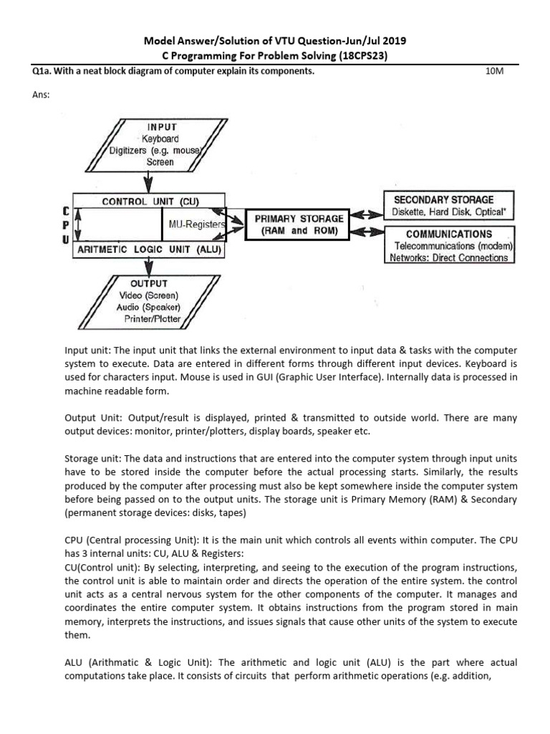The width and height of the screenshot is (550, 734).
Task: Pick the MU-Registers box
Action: [x=193, y=225]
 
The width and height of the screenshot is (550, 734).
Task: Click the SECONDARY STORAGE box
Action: [x=449, y=205]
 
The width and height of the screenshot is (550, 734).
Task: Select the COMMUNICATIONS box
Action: [x=449, y=245]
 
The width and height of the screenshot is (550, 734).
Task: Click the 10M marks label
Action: [x=496, y=72]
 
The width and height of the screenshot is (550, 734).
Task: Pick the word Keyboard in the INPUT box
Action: [x=160, y=138]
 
